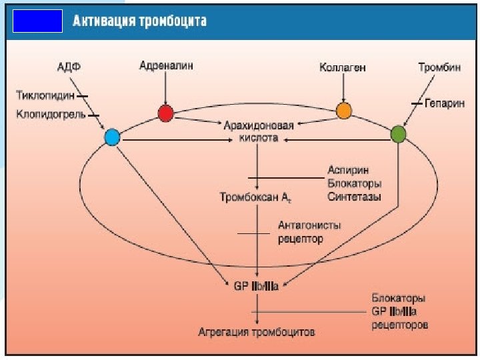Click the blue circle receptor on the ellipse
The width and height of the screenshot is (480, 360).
coord(112,138)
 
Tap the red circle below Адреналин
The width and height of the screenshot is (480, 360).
coord(166,113)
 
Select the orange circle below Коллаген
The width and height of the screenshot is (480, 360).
coord(343,110)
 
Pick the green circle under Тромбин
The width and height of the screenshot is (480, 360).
coord(397,134)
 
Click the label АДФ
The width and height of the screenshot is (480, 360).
coord(69,67)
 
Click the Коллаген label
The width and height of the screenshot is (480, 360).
coord(343,67)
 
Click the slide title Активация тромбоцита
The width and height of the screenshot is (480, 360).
coord(139,21)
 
